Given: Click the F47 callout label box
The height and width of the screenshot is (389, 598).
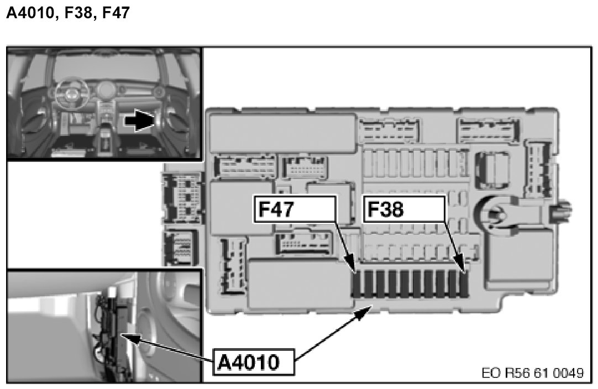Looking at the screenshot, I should click(x=295, y=211).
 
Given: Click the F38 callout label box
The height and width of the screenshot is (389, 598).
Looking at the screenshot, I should click(x=403, y=211).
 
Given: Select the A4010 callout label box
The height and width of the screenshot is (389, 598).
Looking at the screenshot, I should click(x=253, y=362).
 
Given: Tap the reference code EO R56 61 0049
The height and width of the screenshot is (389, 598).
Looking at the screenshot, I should click(x=532, y=372).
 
